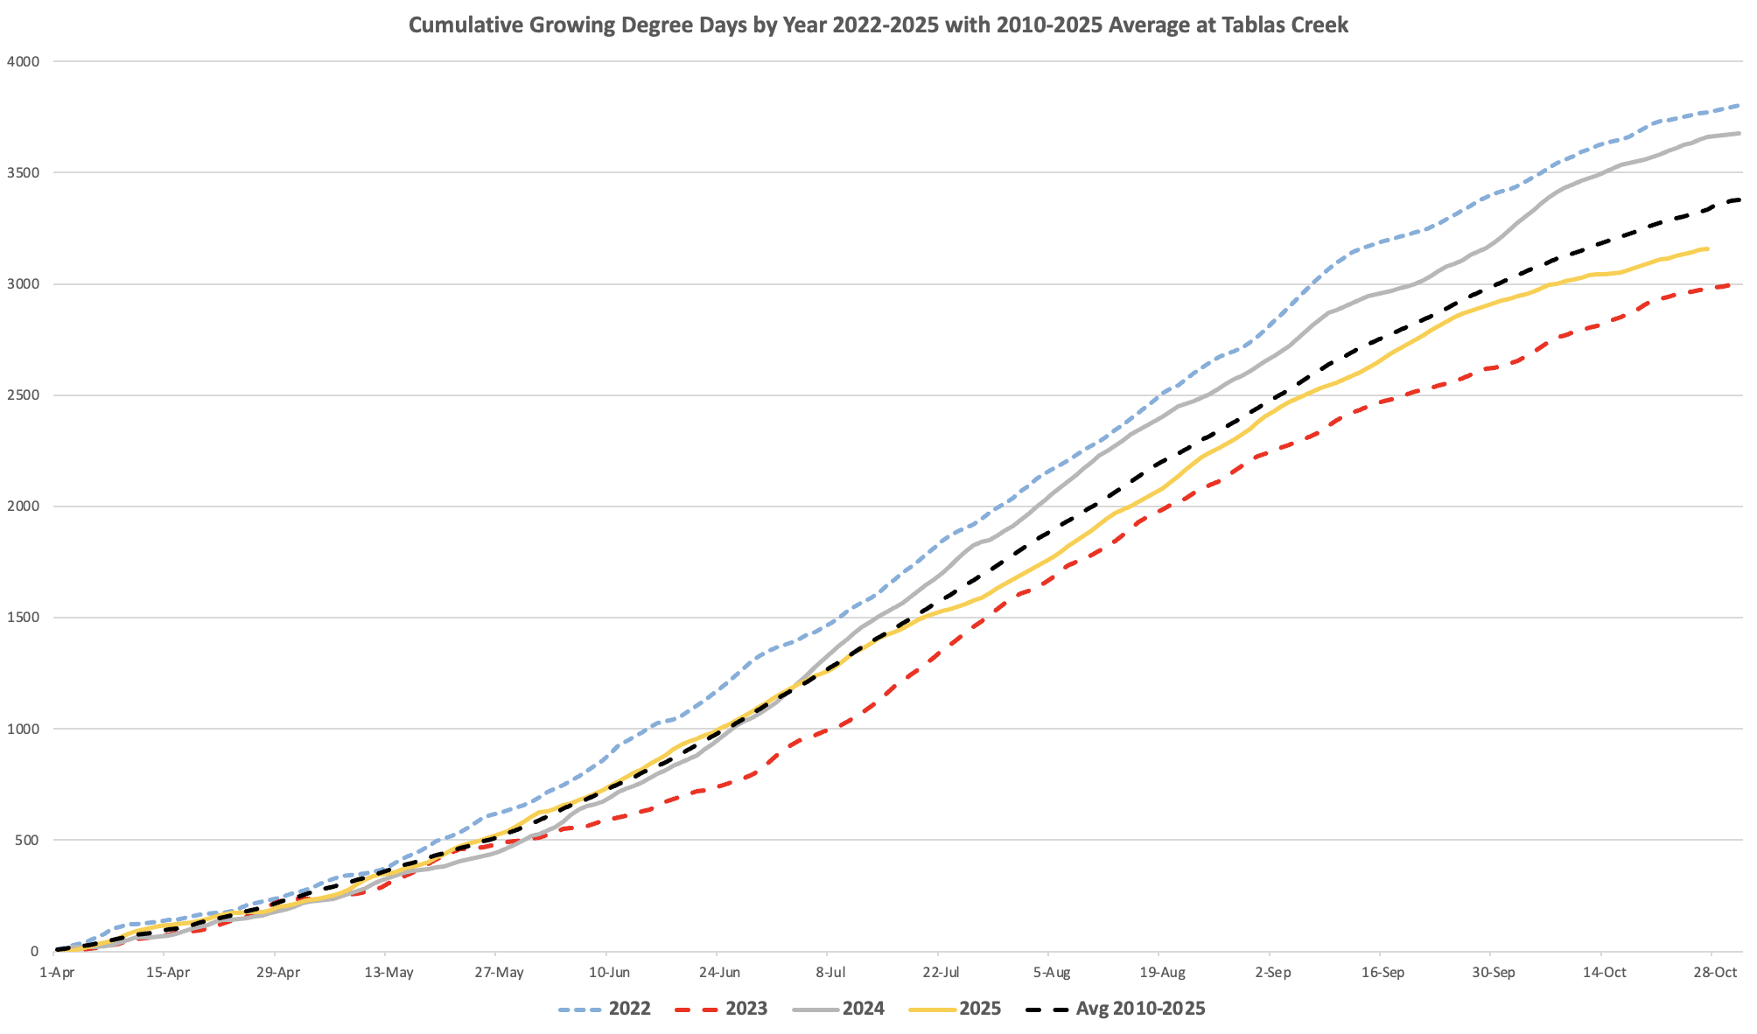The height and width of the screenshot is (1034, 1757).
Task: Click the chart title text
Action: (878, 24)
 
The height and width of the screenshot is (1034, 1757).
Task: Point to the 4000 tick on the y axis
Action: (23, 61)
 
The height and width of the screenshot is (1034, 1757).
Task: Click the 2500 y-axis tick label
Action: (23, 395)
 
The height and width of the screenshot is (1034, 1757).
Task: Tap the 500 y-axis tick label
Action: (27, 841)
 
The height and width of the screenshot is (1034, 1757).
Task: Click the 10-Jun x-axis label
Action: (608, 973)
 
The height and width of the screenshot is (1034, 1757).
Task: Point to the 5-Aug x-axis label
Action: (1051, 973)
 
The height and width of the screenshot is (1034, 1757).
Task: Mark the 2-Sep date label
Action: (1272, 973)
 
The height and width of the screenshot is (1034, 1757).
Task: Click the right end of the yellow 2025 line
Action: (1707, 249)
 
